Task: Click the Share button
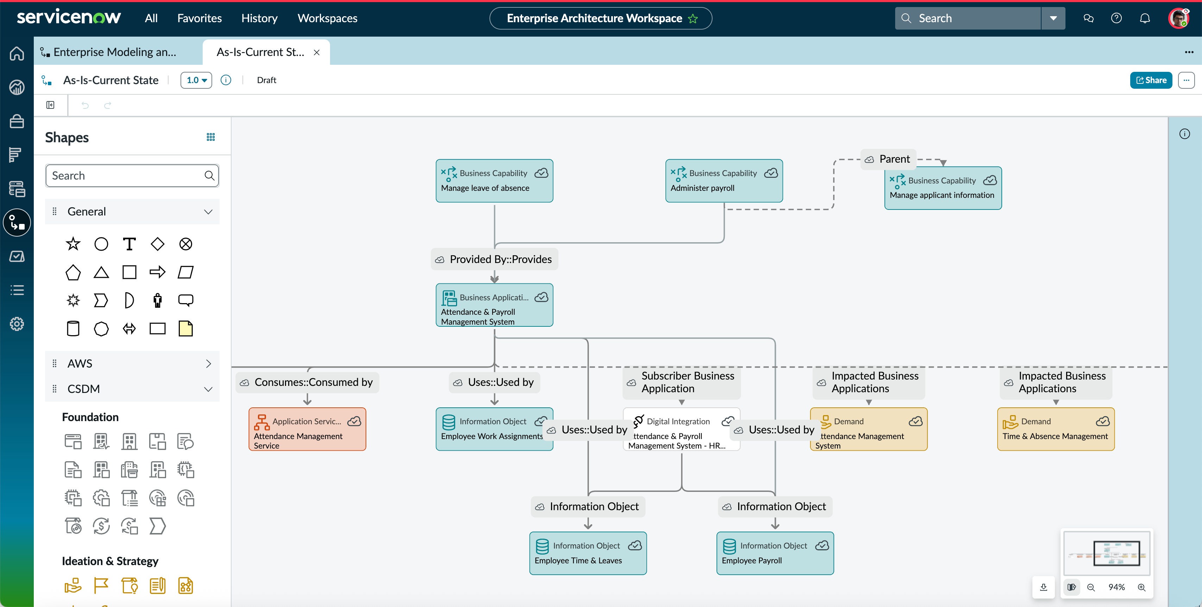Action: pos(1151,80)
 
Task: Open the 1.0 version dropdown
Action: pos(196,80)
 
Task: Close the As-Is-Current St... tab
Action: pos(317,52)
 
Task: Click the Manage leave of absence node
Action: pos(494,181)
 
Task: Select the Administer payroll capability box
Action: pos(724,181)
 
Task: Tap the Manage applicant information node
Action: pos(943,188)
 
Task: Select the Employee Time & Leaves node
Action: pos(588,553)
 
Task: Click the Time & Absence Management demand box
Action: pos(1056,428)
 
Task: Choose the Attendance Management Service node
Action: pos(307,428)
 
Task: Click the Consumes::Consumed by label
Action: pos(307,382)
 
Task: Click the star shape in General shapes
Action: pos(73,244)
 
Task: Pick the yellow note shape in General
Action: pos(186,329)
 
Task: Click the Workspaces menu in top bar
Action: pos(327,18)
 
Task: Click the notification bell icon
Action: pos(1145,18)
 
